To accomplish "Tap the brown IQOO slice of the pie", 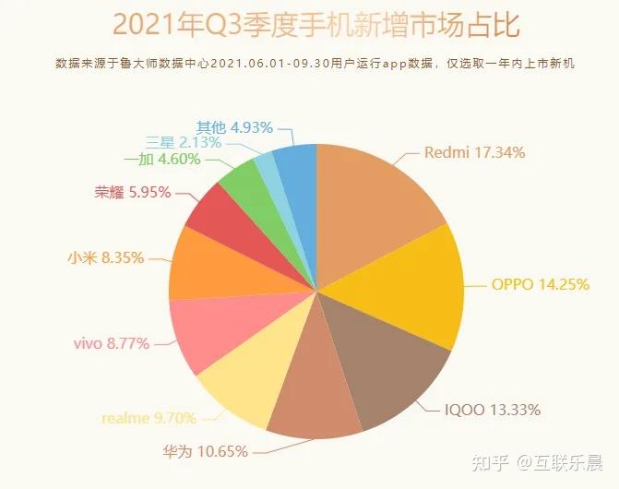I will pyautogui.click(x=387, y=369).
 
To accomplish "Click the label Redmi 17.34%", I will pyautogui.click(x=474, y=153).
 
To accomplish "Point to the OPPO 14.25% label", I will pyautogui.click(x=539, y=284).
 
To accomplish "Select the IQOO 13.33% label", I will pyautogui.click(x=492, y=409).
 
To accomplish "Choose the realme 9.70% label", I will pyautogui.click(x=149, y=418).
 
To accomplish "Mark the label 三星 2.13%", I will pyautogui.click(x=184, y=143).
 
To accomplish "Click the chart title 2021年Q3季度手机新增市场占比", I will pyautogui.click(x=308, y=27).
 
